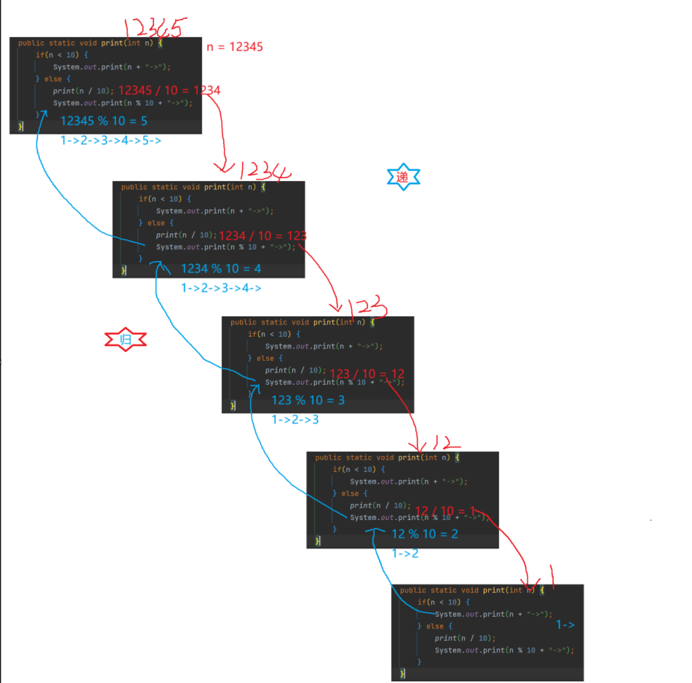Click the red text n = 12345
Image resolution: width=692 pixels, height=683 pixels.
point(235,47)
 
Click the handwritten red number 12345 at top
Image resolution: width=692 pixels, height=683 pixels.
point(155,28)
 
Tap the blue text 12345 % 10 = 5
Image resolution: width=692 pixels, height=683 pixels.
point(104,121)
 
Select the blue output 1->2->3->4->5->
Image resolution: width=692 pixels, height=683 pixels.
point(111,140)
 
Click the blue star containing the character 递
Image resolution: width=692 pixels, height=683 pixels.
point(403,176)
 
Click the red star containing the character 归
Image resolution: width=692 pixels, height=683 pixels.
point(125,339)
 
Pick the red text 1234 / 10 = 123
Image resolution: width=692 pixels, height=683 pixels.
point(262,236)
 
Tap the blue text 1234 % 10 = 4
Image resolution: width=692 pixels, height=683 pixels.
point(221,269)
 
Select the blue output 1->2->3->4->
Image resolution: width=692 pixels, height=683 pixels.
point(221,288)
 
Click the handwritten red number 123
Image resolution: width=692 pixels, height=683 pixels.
point(367,307)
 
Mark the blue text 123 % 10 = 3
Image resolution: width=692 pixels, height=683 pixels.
point(308,400)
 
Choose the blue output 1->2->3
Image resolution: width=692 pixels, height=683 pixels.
point(295,420)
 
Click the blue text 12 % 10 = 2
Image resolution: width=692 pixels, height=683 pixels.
point(425,534)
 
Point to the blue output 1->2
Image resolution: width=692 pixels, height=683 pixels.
point(405,553)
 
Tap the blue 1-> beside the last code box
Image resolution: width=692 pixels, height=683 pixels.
point(565,625)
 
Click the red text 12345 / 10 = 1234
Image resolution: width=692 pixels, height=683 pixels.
point(169,90)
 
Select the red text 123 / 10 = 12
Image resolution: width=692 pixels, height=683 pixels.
point(367,374)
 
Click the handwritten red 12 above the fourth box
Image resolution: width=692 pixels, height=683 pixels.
point(446,443)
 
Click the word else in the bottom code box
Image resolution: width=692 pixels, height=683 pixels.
point(435,626)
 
